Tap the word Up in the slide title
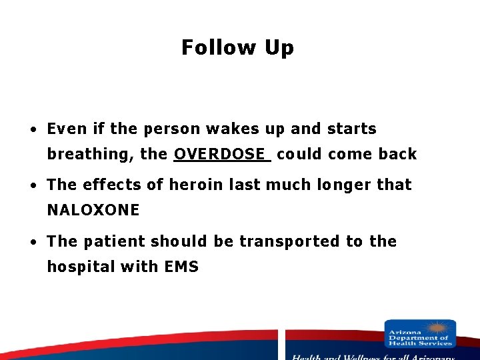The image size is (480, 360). [x=279, y=48]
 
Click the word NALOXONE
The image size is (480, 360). [x=93, y=211]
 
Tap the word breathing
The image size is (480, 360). [x=90, y=155]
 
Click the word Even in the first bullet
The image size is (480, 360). [x=66, y=129]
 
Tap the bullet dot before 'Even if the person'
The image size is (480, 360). [x=32, y=129]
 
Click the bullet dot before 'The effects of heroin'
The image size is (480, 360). [x=32, y=185]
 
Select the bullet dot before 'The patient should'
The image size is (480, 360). [x=32, y=242]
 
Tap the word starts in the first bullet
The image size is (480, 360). [x=351, y=129]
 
